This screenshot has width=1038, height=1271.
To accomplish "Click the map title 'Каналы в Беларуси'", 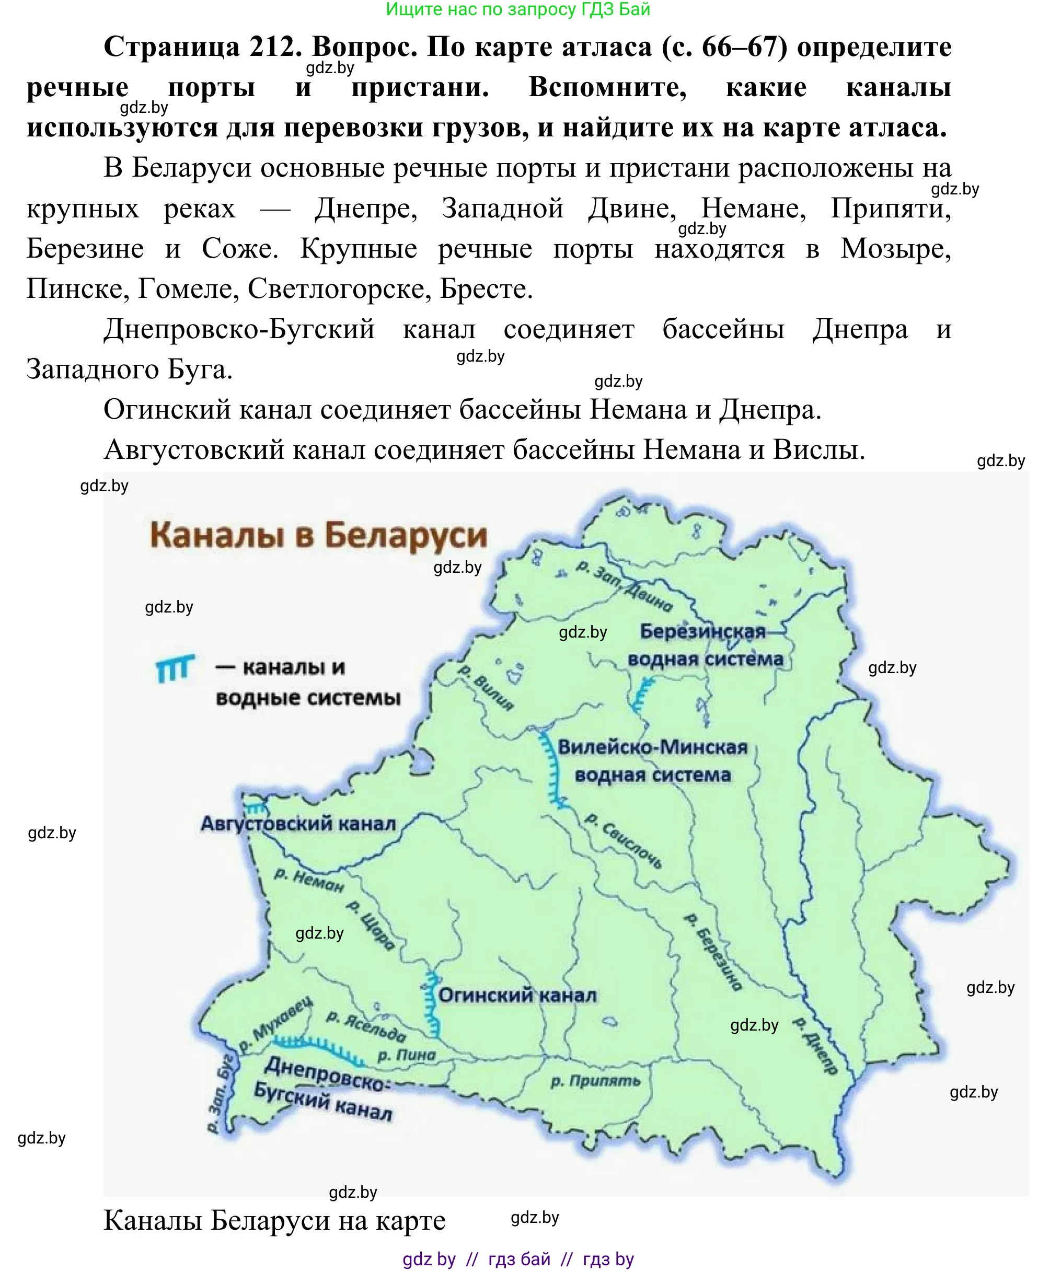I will coord(318,535).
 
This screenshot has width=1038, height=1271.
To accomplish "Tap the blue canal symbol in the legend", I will coord(175,668).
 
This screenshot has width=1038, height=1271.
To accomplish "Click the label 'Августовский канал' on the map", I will coord(298,824).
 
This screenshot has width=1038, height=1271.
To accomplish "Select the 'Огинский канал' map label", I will coord(517,996).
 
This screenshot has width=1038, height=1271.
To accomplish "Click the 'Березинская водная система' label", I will coord(705,645).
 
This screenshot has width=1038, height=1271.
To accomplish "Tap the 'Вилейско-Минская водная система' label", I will coord(652,761).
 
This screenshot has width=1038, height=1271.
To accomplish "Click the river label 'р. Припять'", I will coord(595,1081).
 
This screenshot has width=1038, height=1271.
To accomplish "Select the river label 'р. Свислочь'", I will coord(624,840).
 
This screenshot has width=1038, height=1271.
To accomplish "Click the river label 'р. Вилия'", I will coord(485,688).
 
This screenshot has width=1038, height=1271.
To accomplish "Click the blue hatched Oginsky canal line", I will coord(432,1004).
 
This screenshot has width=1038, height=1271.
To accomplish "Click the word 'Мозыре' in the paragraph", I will coord(895,248).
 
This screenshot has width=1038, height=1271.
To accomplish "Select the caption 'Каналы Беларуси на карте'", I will coord(274,1220).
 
